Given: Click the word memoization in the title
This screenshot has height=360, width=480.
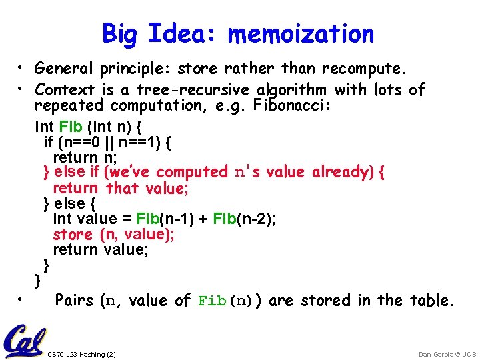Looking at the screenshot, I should [301, 34].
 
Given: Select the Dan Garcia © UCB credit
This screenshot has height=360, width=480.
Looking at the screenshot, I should [447, 354].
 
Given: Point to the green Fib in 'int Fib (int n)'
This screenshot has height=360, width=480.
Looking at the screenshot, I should [70, 126].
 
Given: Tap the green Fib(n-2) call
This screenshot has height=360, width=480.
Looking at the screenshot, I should [230, 219].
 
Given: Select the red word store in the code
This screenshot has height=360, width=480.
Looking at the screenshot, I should [73, 234].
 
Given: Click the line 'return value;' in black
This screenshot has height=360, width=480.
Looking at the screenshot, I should [101, 249].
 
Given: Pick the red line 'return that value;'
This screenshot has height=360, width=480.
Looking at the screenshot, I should [121, 188].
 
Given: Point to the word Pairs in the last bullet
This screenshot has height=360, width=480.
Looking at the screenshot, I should [74, 301].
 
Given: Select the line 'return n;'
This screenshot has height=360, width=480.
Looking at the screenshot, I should [75, 157].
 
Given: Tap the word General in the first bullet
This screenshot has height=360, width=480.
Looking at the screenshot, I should [65, 68].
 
